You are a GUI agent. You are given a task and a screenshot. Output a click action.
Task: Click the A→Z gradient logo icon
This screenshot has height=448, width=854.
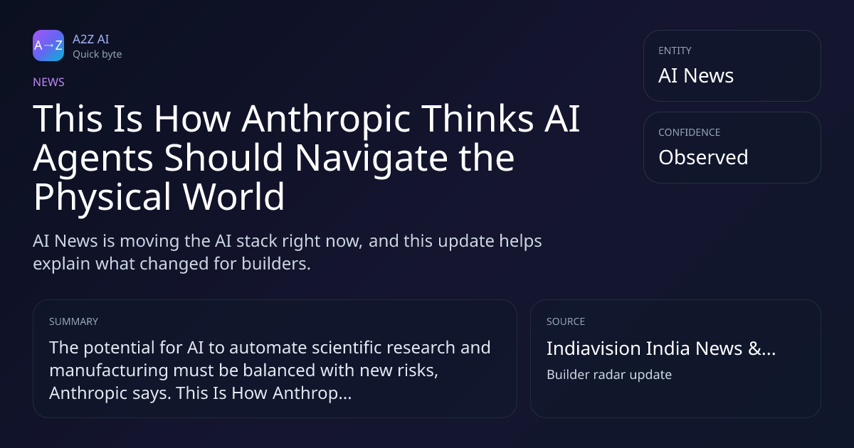[48, 46]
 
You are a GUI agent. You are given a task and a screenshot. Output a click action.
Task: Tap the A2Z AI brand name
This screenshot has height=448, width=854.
[91, 39]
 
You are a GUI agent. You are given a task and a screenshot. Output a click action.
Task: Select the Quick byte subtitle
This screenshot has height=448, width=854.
[97, 55]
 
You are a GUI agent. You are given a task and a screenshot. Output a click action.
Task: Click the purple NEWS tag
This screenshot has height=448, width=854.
[49, 82]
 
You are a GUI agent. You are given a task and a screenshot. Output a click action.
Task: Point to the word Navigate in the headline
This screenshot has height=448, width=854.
[371, 158]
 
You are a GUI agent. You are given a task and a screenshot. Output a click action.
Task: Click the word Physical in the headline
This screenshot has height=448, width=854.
[102, 197]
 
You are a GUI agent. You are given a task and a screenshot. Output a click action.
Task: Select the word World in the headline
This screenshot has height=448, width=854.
[233, 196]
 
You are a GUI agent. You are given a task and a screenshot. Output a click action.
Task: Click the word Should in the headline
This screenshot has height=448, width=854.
[223, 157]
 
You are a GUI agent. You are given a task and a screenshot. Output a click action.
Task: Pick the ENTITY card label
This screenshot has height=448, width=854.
[675, 50]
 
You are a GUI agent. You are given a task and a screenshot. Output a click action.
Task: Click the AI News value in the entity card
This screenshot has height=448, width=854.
[696, 75]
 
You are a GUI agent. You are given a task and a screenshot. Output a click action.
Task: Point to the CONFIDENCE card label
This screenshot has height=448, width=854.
[690, 132]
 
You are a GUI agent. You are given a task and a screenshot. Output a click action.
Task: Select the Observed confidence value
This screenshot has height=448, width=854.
[703, 157]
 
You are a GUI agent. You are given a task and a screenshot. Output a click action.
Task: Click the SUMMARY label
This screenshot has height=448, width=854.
[73, 321]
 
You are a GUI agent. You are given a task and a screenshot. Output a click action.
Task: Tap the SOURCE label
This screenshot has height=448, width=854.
[566, 321]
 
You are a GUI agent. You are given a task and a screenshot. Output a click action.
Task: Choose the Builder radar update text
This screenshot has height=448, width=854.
[609, 375]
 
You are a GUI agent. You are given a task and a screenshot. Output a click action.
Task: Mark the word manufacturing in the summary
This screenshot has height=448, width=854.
[109, 370]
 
